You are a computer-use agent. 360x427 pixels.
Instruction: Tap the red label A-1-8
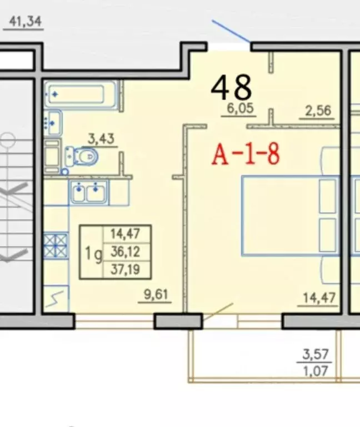[x=246, y=155]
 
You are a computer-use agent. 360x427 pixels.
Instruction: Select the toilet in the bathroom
[x=82, y=157]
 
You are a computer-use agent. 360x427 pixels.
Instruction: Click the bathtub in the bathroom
[x=81, y=94]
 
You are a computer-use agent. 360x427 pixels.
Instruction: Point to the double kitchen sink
[x=88, y=192]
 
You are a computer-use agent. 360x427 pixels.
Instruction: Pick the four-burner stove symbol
[x=56, y=246]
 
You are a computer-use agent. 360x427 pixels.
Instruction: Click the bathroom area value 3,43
[x=101, y=139]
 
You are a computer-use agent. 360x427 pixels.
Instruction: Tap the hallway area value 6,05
[x=240, y=108]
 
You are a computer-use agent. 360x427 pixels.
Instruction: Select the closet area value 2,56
[x=318, y=111]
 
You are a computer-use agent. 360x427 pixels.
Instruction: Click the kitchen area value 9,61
[x=156, y=295]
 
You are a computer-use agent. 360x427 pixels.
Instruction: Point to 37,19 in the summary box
[x=125, y=270]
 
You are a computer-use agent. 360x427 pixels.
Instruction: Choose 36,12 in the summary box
[x=125, y=252]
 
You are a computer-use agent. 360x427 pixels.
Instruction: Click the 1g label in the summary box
[x=93, y=254]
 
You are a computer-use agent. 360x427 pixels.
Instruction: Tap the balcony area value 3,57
[x=316, y=355]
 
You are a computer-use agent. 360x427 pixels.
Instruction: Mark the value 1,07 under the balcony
[x=316, y=371]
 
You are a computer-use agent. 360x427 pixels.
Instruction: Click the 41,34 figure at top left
[x=25, y=22]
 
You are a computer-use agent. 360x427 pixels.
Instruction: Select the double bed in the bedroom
[x=291, y=216]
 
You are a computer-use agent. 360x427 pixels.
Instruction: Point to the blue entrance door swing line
[x=231, y=31]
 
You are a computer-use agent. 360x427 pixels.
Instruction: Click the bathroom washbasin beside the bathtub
[x=53, y=123]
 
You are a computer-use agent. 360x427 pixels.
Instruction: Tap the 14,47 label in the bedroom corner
[x=319, y=297]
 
